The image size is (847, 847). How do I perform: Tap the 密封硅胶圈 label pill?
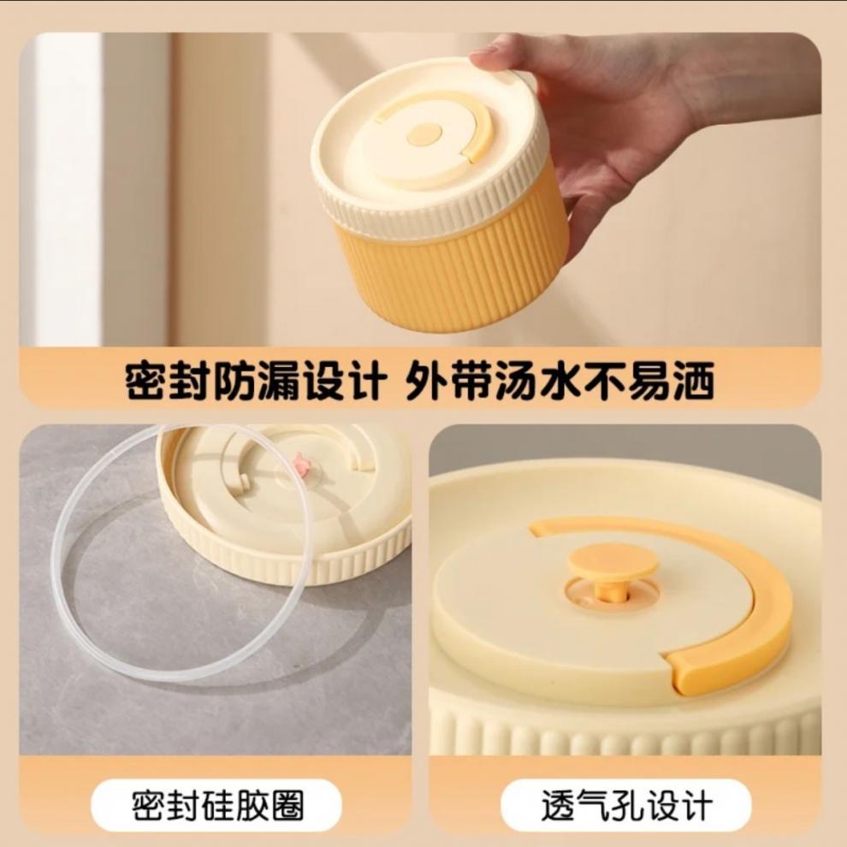click(x=216, y=805)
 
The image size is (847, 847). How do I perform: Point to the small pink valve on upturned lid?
click(x=301, y=465)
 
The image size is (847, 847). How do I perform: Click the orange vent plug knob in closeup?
click(x=613, y=565)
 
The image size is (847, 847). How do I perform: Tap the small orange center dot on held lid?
click(x=424, y=134)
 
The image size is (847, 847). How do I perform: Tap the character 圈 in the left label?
click(x=285, y=805)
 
